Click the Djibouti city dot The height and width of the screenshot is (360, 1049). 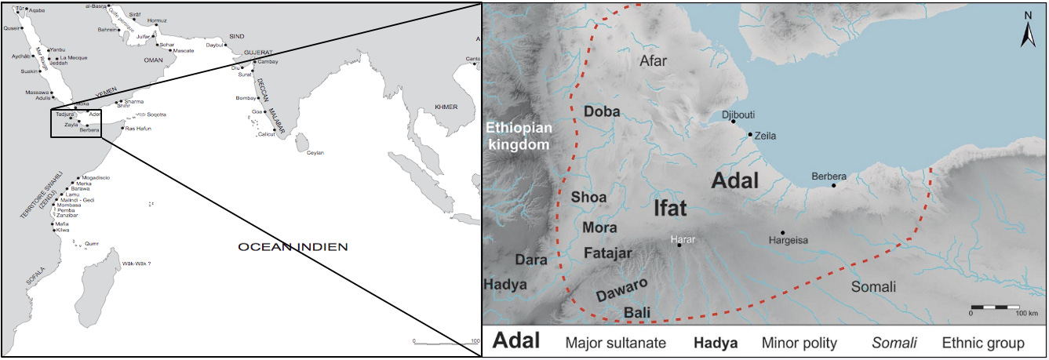733,121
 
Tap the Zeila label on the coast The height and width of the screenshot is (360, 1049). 764,136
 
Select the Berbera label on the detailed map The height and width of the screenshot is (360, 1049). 829,176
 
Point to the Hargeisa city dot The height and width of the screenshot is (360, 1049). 783,233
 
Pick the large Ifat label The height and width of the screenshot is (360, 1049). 670,208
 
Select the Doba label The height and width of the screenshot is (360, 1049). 602,112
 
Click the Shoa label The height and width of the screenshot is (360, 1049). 589,197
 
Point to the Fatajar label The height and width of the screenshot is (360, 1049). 608,253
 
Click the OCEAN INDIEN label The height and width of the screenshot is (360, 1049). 293,247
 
